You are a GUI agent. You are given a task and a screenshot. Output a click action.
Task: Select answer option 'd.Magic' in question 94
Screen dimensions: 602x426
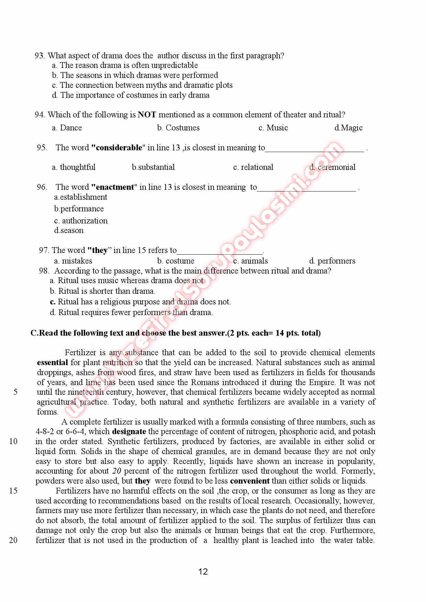click(x=348, y=128)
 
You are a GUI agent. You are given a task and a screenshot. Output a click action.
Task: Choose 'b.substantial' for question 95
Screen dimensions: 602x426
click(x=153, y=167)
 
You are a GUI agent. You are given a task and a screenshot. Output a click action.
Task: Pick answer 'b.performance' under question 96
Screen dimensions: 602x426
click(x=79, y=209)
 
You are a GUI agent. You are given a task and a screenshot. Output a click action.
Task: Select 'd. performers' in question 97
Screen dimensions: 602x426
click(x=332, y=261)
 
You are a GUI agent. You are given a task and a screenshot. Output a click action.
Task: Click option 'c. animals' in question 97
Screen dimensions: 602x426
click(x=250, y=261)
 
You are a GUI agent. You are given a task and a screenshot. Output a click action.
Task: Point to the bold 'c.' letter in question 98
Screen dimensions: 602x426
click(x=53, y=302)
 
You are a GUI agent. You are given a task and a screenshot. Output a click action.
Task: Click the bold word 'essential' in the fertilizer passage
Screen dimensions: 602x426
click(x=52, y=362)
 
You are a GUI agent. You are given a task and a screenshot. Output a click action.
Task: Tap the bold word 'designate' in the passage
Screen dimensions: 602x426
click(x=129, y=431)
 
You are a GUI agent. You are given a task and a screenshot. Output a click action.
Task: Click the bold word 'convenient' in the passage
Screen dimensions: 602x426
click(x=250, y=481)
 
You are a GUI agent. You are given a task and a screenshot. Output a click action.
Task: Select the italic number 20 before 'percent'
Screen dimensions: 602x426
click(x=117, y=471)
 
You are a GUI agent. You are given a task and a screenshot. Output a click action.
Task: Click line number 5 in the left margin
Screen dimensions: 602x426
click(x=15, y=392)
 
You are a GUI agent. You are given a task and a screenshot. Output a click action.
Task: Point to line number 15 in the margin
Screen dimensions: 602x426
click(x=13, y=491)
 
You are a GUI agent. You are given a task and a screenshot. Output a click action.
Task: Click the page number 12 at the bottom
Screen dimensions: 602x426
click(x=203, y=571)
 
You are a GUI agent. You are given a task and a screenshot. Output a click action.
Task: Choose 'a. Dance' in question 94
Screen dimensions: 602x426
click(x=67, y=128)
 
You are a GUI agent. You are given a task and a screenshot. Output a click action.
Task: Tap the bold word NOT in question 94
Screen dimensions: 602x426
click(x=147, y=115)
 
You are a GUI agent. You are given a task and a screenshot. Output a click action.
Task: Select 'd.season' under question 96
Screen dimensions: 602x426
click(x=69, y=230)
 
